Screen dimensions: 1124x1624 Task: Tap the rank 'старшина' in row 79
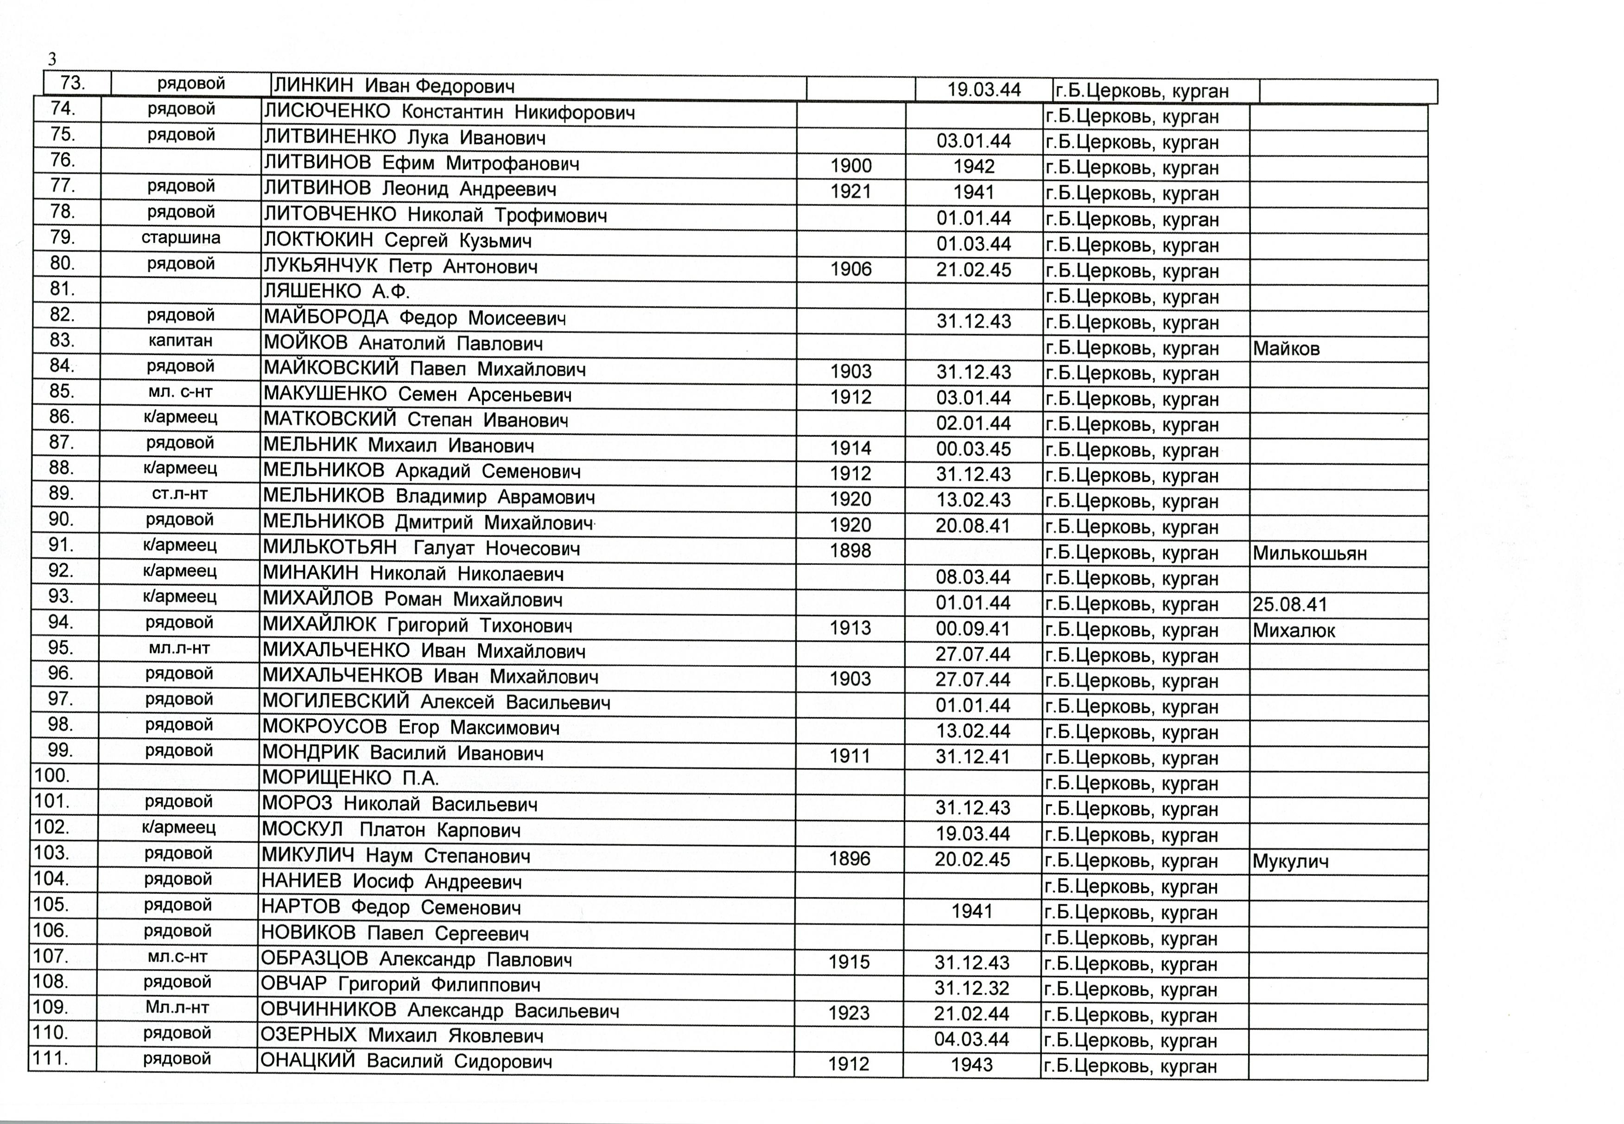181,238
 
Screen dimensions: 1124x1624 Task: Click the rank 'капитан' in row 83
181,341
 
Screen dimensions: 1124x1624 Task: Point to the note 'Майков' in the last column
1286,349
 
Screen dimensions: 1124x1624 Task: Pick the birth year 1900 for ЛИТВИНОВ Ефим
851,166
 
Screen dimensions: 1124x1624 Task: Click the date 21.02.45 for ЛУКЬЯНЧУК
974,270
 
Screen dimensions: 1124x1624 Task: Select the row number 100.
51,776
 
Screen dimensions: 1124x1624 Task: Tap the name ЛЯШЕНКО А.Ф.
336,292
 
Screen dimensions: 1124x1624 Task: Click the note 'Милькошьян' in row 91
1309,554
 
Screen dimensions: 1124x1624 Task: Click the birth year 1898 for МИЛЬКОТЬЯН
850,551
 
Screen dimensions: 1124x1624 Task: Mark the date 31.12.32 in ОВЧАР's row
972,988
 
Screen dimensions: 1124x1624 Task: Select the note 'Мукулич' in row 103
1290,861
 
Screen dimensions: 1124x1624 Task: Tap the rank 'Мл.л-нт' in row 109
178,1008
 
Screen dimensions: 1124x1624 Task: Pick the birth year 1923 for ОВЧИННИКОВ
849,1014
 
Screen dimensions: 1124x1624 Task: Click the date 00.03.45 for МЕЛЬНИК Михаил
974,449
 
